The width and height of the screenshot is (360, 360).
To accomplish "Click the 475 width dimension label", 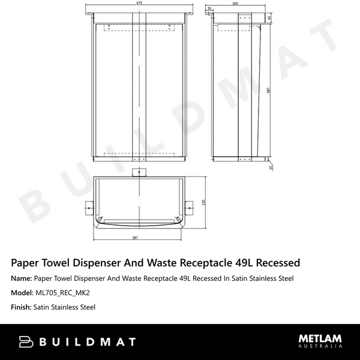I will point(139,4).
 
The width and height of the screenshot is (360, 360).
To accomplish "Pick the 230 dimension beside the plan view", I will point(204,203).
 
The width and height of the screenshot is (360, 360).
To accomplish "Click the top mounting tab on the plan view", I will point(139,173).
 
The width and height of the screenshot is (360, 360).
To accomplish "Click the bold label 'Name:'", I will point(22,278).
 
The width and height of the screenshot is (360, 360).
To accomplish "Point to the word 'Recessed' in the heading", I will point(272,263).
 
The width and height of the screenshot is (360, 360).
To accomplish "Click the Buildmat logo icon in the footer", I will point(26,342).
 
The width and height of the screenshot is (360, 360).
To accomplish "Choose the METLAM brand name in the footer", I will point(320,338).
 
